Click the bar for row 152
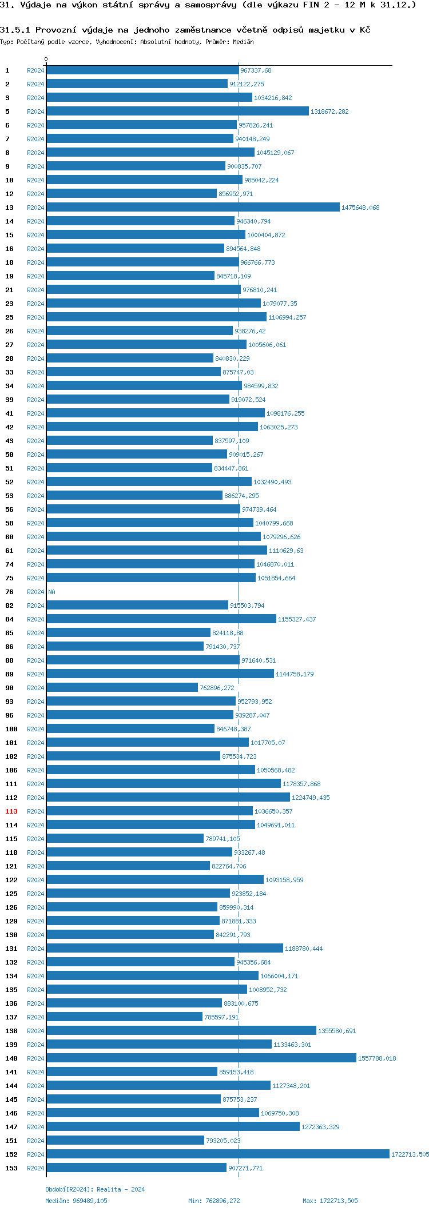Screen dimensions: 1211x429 (x=217, y=1154)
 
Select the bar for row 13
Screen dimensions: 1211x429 (x=193, y=207)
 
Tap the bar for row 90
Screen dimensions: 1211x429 (x=122, y=687)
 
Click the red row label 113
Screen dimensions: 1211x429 (x=11, y=811)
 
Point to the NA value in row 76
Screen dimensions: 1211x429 (x=52, y=592)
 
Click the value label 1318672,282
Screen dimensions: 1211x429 (x=329, y=111)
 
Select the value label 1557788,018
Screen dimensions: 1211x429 (x=377, y=1058)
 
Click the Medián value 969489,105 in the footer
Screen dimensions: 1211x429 (x=90, y=1201)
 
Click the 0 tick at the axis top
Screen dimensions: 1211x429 (x=46, y=59)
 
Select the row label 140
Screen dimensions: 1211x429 (x=11, y=1058)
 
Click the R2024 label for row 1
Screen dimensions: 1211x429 (x=35, y=70)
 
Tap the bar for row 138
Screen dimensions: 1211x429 (x=181, y=1030)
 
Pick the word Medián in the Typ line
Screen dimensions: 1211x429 (x=243, y=42)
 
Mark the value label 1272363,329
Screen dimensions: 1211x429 (x=320, y=1127)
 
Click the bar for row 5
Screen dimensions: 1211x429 (x=177, y=111)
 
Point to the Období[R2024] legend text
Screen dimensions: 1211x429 (x=69, y=1189)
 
